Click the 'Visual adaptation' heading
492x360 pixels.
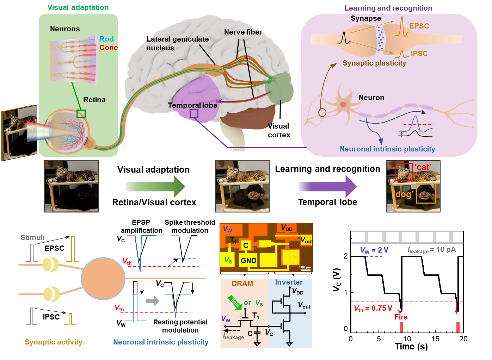pos(78,7)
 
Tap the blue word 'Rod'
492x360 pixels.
pos(106,39)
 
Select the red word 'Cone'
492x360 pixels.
pos(108,48)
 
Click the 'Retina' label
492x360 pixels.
pos(94,100)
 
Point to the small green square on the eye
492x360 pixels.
pos(81,114)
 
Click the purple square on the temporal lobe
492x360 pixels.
pos(194,114)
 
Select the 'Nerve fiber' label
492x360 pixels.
pos(243,32)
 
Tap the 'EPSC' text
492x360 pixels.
pos(419,26)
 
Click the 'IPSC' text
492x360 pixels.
pos(419,54)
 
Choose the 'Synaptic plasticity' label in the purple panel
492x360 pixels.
pos(374,63)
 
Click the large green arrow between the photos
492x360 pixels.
pos(155,186)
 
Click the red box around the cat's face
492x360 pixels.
pos(404,172)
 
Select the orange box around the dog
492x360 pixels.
pos(426,193)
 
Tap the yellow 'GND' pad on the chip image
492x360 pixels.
pos(248,261)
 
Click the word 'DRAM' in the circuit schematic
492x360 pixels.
pos(242,284)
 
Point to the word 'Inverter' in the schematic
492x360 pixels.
pos(289,283)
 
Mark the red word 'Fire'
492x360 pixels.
pos(401,317)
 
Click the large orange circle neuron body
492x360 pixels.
pos(103,279)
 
